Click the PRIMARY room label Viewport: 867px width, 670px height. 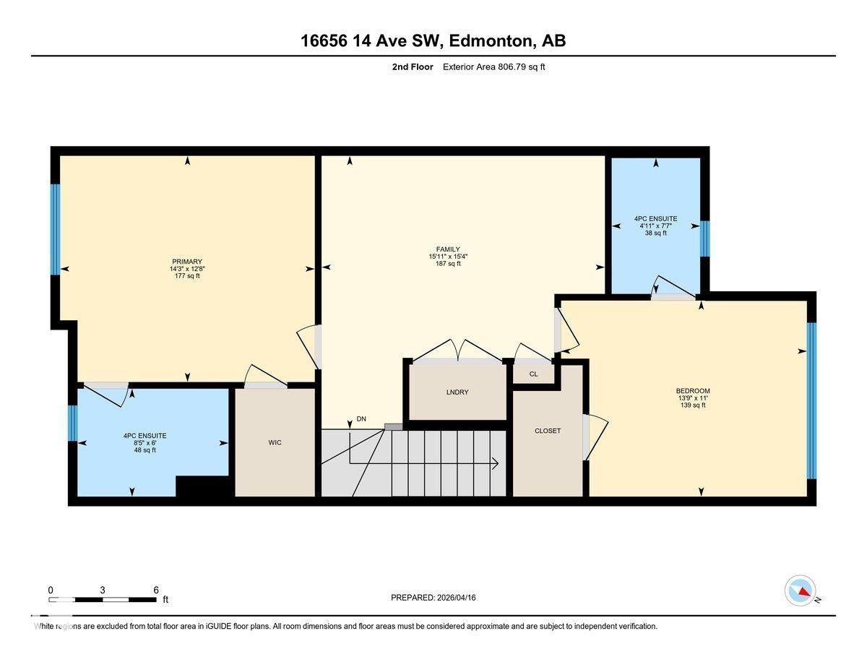(x=186, y=262)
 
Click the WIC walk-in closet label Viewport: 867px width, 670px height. (x=275, y=442)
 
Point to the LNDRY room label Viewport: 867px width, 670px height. (x=457, y=392)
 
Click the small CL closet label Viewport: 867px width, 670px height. (x=533, y=374)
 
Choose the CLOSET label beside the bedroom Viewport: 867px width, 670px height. (x=548, y=431)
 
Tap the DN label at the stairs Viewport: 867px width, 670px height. (x=361, y=418)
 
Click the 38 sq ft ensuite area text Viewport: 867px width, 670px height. (x=655, y=233)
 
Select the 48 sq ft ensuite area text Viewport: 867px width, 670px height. (x=144, y=450)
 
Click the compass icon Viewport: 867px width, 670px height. (x=801, y=590)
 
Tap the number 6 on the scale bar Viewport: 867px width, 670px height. (x=156, y=590)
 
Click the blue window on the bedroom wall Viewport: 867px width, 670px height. (x=811, y=400)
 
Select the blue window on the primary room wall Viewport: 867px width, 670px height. (x=55, y=229)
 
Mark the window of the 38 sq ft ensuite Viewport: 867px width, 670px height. (x=705, y=239)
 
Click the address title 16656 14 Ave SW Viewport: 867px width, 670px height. (x=433, y=40)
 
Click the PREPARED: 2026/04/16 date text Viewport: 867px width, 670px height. (x=433, y=598)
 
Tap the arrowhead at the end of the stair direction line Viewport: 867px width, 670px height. (x=496, y=464)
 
